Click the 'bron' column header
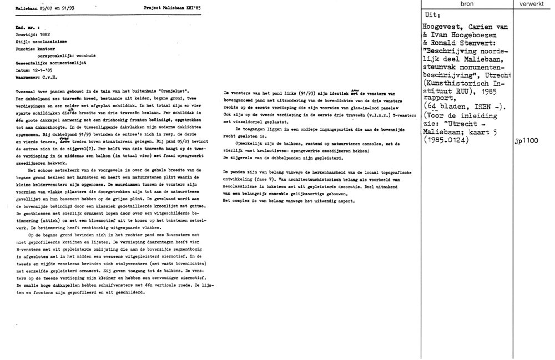(467, 4)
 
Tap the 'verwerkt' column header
(533, 4)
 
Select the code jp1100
(526, 141)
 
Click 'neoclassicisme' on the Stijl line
(46, 41)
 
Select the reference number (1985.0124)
(446, 141)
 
